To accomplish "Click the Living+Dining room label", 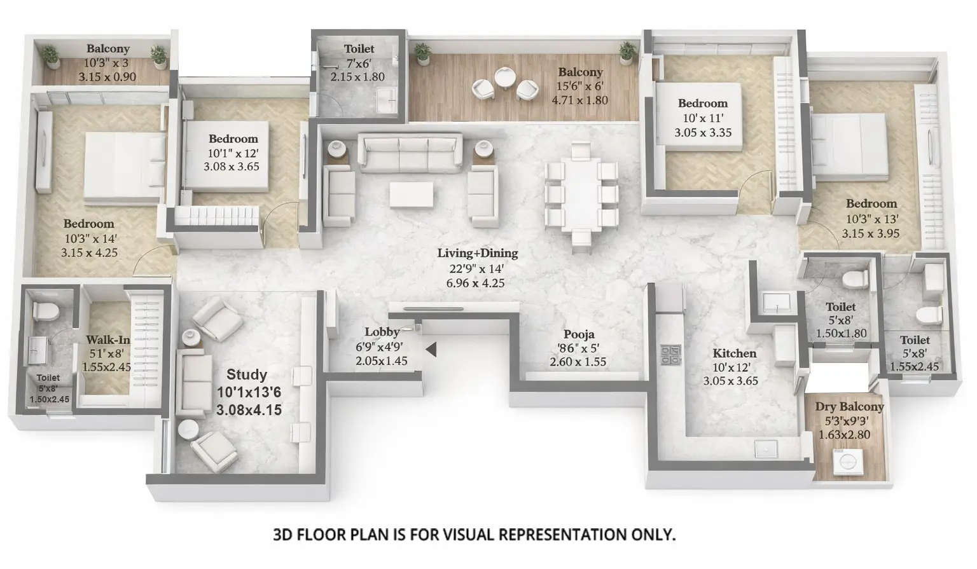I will point(477,253).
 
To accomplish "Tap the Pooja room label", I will point(578,334).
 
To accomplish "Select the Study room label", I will point(246,374).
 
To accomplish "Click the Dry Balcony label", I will point(849,407).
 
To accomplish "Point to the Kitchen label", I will point(734,353).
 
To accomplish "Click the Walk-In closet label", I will point(107,340).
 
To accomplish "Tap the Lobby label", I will point(382,332).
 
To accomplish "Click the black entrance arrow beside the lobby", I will point(431,349).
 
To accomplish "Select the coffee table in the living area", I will point(412,195).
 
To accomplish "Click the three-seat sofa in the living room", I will point(410,153).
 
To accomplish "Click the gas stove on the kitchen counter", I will point(670,355).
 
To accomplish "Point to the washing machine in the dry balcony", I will point(847,461).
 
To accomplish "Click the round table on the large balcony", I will point(505,78).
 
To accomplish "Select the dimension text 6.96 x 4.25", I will point(475,283).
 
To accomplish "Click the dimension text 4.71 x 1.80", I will point(579,100).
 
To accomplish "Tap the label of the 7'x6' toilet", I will point(359,49).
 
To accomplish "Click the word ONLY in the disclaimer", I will point(654,535).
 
